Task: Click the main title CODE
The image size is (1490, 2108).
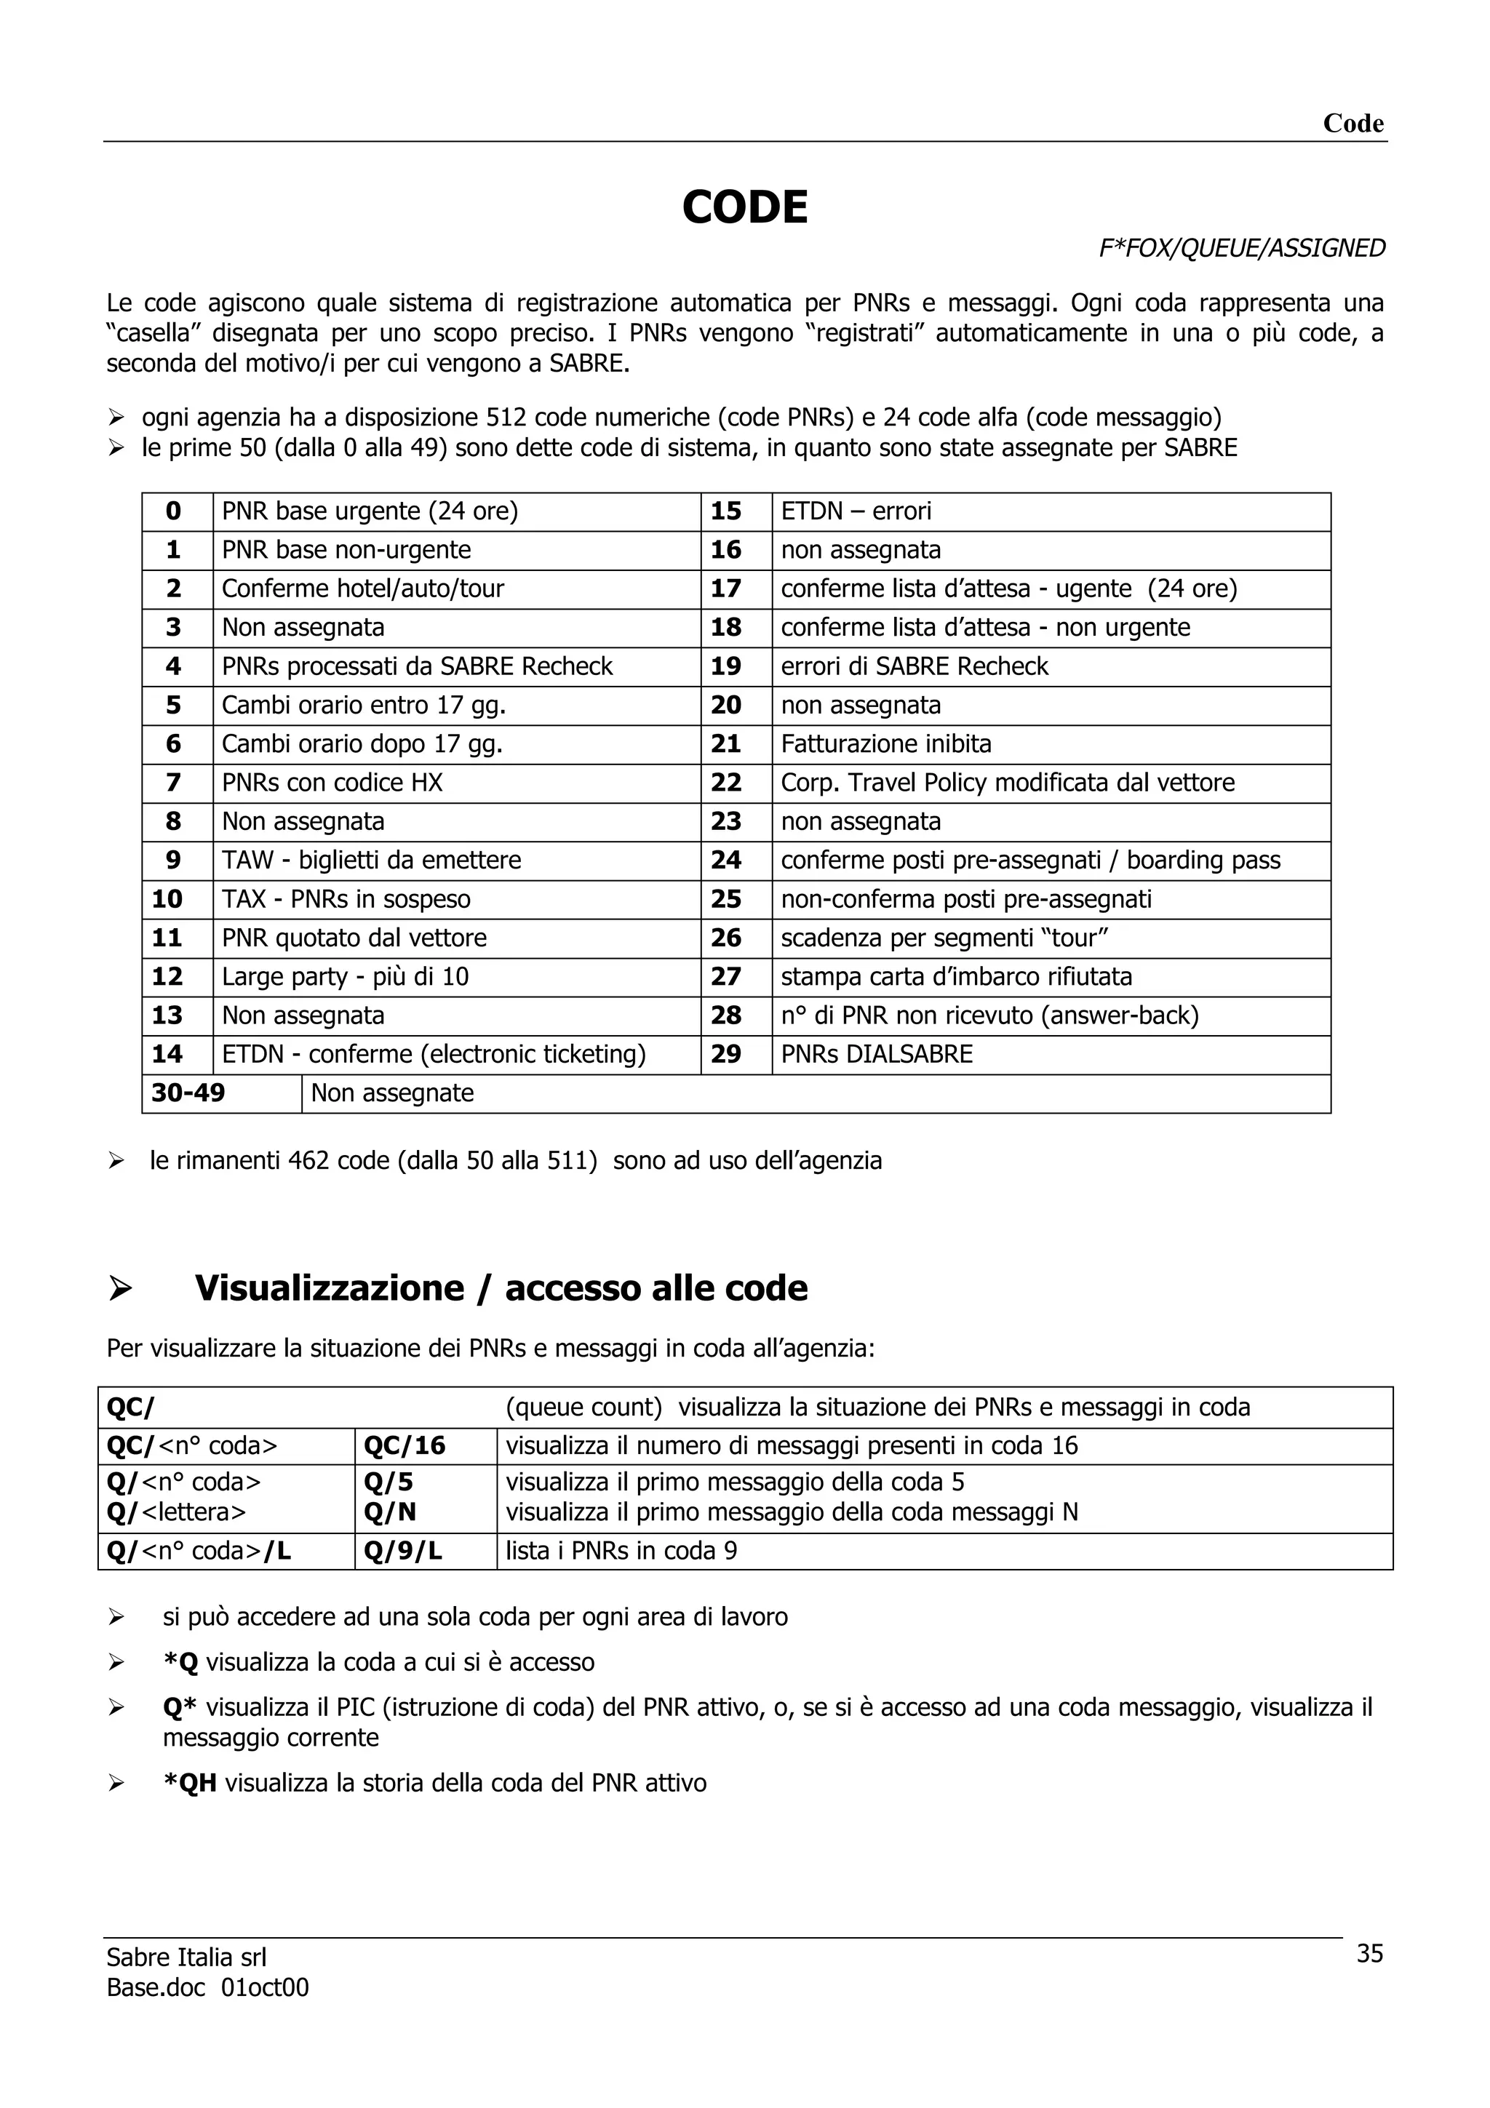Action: pos(744,207)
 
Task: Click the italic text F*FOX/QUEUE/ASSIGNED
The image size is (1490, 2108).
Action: pos(1241,248)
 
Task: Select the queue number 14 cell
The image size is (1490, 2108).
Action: pos(168,1054)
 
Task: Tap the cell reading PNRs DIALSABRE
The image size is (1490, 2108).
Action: pos(876,1054)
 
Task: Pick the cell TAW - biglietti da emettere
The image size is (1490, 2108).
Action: pos(371,861)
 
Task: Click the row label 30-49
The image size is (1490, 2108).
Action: pos(188,1093)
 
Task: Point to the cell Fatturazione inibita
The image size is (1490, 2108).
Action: pos(886,743)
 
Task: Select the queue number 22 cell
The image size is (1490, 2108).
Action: pos(725,782)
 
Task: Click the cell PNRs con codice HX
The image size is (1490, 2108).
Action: pos(332,782)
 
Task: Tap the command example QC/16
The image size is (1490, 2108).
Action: pos(405,1446)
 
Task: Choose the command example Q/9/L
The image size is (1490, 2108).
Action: pos(403,1551)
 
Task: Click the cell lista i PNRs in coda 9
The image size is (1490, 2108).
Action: pos(621,1551)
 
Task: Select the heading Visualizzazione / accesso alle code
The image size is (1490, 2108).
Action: pos(501,1288)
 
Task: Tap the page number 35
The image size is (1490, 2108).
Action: pos(1369,1953)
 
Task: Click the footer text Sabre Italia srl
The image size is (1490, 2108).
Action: pos(186,1957)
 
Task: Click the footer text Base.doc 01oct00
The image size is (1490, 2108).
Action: pos(207,1988)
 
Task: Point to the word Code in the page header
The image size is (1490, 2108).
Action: pos(1352,123)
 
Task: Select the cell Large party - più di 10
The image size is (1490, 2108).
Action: pos(345,976)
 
